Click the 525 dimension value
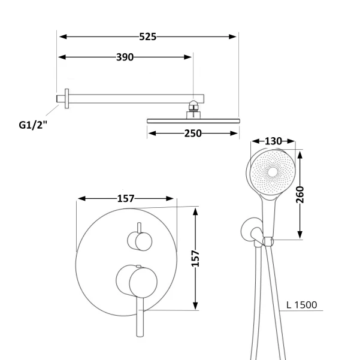pos(147,37)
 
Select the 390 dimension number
pos(125,57)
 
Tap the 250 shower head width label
pos(193,134)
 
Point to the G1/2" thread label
pos(33,125)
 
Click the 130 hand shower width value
pos(273,141)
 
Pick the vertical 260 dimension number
pos(300,195)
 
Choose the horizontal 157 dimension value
pos(126,199)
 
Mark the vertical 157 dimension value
pos(195,258)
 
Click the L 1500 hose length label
pos(302,305)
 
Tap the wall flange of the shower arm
pos(67,98)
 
